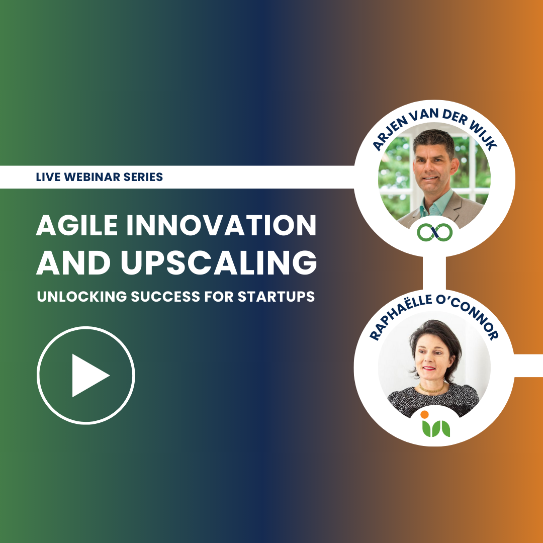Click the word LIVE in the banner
[46, 177]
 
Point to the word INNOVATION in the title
[221, 227]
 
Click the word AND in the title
[65, 263]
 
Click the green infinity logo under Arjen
[435, 232]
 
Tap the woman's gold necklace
[432, 388]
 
